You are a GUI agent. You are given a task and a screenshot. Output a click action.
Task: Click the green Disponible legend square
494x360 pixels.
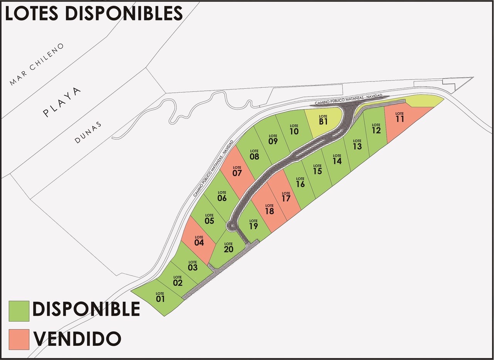[x=19, y=311]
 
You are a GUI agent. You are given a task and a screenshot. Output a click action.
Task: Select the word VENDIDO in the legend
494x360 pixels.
[x=77, y=339]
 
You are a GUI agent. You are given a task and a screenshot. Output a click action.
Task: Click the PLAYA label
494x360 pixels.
[x=63, y=102]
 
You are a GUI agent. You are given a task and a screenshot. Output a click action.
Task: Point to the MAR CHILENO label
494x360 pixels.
[x=38, y=64]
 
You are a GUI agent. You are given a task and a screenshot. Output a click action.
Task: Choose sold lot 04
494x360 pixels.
[x=199, y=242]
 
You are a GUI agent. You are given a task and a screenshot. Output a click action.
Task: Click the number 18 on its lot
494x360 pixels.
[x=269, y=211]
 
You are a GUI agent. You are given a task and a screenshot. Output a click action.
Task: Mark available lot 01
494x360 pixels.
[x=161, y=298]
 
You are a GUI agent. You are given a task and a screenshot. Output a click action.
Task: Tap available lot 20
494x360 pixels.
[x=228, y=249]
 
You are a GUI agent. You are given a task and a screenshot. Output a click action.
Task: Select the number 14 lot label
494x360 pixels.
[x=337, y=161]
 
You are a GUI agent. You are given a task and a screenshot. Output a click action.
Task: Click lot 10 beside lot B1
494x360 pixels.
[x=294, y=130]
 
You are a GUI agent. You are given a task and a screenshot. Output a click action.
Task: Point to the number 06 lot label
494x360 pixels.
[x=222, y=198]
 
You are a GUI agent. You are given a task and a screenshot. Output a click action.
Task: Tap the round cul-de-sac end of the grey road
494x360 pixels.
[x=232, y=226]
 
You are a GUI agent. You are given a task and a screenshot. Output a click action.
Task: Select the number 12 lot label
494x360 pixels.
[x=376, y=130]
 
